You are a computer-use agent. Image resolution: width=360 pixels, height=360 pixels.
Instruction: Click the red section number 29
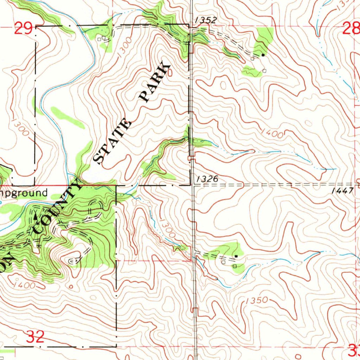24,28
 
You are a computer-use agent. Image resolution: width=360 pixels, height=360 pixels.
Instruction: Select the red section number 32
36,337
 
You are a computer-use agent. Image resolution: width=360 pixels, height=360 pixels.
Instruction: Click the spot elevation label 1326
207,179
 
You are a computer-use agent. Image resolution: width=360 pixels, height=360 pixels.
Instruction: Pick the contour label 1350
257,301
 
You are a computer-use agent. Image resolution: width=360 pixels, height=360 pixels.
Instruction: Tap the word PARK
155,83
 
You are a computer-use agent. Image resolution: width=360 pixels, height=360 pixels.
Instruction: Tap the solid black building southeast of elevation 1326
236,256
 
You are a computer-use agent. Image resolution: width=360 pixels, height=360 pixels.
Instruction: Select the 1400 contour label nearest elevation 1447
272,133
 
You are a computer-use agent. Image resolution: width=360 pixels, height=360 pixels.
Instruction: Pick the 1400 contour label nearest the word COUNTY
25,285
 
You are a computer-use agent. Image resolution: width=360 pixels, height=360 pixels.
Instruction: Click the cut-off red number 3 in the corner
353,349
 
